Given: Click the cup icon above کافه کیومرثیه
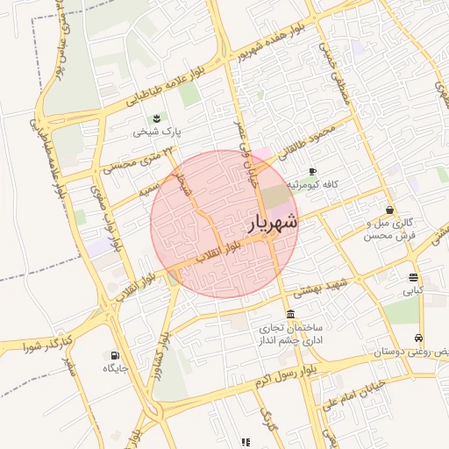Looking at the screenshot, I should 313,172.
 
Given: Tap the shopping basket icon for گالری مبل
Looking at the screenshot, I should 389,210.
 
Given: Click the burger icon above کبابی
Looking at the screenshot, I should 413,276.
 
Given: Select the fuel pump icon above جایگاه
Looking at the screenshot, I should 116,355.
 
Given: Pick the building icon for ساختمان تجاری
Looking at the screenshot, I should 290,315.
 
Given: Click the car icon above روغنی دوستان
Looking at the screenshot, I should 420,338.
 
